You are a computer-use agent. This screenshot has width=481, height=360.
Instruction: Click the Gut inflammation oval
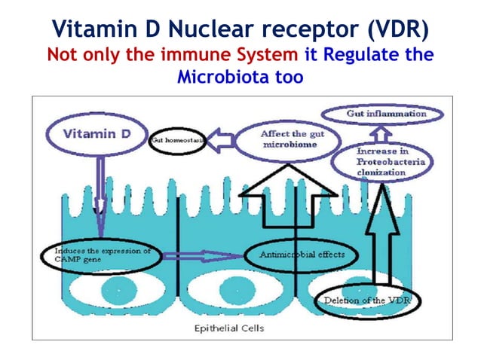click(385, 114)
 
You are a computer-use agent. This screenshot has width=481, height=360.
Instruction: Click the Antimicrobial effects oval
click(302, 255)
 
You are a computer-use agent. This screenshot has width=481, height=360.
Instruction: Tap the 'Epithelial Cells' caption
click(229, 328)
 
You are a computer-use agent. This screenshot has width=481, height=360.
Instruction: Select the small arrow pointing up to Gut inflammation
click(384, 133)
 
